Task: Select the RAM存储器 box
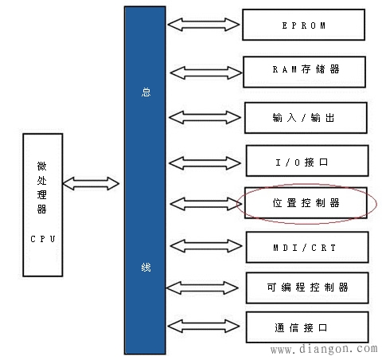[306, 71]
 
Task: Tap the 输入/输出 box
[306, 117]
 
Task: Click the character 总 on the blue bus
[144, 92]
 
